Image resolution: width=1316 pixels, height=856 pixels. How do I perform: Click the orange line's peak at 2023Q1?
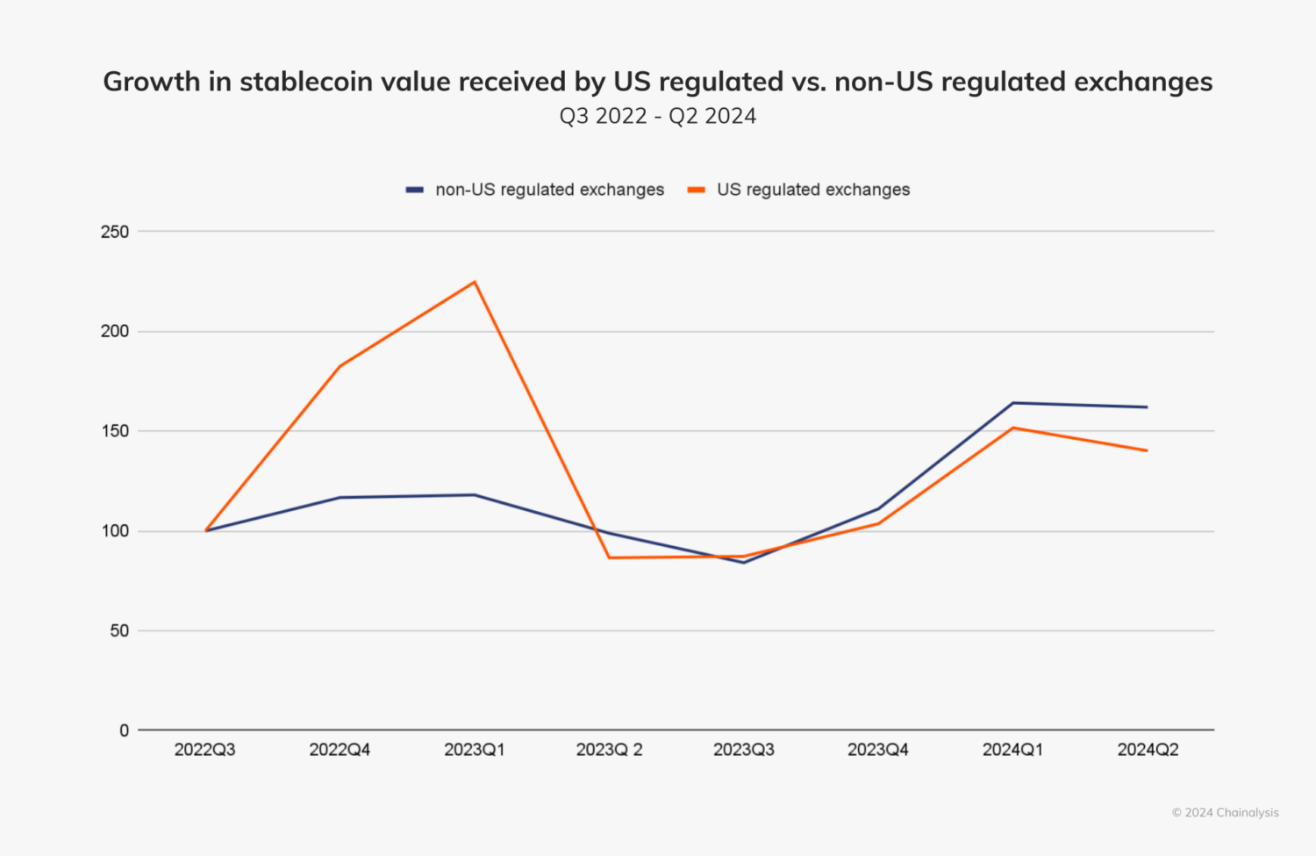[x=475, y=282]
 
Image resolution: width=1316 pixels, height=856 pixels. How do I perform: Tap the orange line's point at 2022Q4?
[x=340, y=366]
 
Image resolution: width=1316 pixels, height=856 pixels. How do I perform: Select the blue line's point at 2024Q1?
[x=1013, y=403]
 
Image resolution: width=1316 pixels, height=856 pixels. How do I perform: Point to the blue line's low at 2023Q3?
[x=744, y=562]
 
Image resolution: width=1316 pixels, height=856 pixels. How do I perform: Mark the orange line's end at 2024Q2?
[x=1148, y=450]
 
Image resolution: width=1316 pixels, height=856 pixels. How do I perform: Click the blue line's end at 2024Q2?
[x=1148, y=407]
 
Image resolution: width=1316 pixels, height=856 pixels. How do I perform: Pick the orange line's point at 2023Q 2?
[x=609, y=557]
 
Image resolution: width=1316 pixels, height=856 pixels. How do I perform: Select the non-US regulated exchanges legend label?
[x=549, y=190]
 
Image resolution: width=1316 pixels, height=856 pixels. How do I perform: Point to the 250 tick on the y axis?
[x=115, y=232]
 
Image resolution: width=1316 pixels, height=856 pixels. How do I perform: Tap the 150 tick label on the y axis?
[x=115, y=431]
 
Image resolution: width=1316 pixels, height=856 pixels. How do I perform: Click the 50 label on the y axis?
[x=119, y=630]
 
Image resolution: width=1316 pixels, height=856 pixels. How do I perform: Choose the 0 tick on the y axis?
[x=124, y=730]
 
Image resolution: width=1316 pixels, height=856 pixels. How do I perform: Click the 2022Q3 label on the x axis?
[x=204, y=750]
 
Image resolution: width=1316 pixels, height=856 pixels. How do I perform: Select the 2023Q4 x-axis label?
[x=878, y=750]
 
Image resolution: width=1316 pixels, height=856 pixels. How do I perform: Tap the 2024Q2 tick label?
[x=1148, y=750]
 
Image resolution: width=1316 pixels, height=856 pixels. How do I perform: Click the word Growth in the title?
[x=152, y=82]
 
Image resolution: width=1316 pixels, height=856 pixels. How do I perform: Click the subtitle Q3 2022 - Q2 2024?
[x=658, y=116]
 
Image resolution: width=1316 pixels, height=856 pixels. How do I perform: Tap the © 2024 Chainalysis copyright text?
[x=1225, y=813]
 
